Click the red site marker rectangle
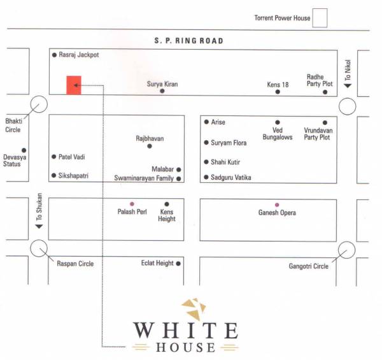coord(74,85)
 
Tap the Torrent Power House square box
coord(319,18)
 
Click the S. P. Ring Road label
coord(189,41)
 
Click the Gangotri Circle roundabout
coord(348,250)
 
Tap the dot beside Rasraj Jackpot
coord(54,55)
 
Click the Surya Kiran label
coord(162,83)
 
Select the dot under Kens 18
coord(278,92)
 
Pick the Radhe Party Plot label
coord(320,80)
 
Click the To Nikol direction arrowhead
coord(348,85)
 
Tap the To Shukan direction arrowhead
coord(38,226)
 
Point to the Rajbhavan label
coord(150,138)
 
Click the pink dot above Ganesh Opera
coord(276,205)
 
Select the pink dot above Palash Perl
coord(132,204)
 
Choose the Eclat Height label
coord(157,263)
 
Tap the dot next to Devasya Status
coord(24,150)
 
